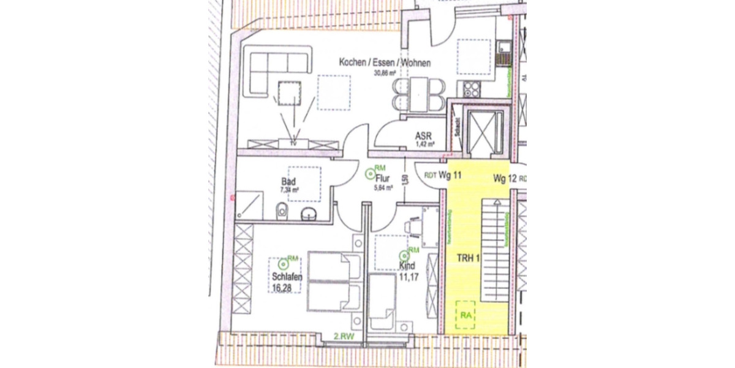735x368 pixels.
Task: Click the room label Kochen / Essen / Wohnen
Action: tap(385, 63)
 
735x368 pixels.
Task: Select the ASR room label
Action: tap(423, 136)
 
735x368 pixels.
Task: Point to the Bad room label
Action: tap(288, 182)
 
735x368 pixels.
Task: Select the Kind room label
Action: tap(407, 266)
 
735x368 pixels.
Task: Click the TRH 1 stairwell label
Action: tap(469, 258)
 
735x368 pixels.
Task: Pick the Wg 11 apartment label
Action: tap(450, 175)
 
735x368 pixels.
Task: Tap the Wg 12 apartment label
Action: tap(505, 178)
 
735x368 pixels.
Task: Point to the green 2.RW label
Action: tap(344, 336)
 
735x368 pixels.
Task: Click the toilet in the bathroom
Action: tap(281, 212)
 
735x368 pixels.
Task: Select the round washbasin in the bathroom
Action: tap(309, 213)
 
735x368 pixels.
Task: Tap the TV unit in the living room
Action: tap(294, 144)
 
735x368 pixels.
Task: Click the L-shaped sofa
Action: tap(269, 71)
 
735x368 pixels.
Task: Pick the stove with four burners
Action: tap(472, 89)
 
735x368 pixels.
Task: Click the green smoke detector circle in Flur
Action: tap(370, 174)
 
